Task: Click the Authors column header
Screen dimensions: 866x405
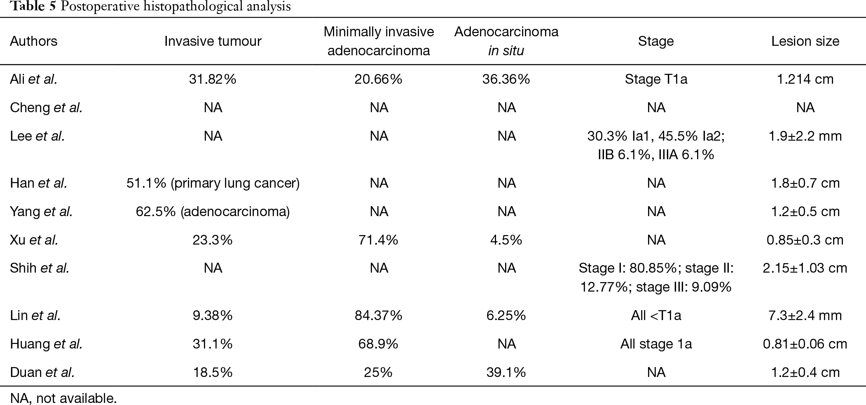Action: [x=34, y=41]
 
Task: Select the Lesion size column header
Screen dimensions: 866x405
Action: [x=805, y=41]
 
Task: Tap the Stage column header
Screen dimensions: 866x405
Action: [x=656, y=41]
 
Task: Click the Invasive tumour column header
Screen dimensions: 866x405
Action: [x=213, y=41]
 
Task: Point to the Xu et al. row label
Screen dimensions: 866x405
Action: [x=34, y=240]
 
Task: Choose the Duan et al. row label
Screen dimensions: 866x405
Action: [x=42, y=372]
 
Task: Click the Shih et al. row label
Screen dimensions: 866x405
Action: [x=40, y=268]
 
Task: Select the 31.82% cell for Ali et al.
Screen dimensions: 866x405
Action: [x=213, y=79]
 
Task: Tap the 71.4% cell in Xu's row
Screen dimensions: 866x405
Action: [x=378, y=240]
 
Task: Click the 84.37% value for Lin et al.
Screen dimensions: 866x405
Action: [x=378, y=316]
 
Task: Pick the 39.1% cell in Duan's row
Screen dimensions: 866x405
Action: [x=506, y=372]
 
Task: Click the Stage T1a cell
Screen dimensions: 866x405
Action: [x=656, y=79]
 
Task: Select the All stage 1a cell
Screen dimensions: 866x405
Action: [x=656, y=344]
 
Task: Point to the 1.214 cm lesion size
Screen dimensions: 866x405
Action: [x=805, y=79]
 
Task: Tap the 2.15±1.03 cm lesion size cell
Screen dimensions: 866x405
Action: [x=805, y=268]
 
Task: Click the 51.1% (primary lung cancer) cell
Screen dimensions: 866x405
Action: [x=213, y=183]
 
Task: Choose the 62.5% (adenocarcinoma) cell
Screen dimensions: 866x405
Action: [x=213, y=212]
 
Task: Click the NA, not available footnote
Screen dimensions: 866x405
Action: [x=63, y=398]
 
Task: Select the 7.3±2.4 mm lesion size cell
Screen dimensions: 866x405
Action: [x=805, y=316]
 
